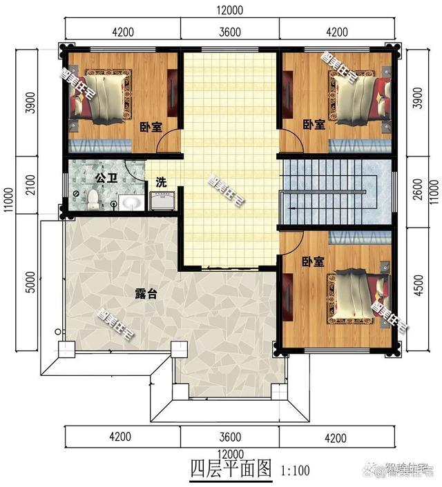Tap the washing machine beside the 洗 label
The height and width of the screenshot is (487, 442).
click(x=162, y=201)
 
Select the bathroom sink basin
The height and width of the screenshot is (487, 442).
click(x=132, y=203)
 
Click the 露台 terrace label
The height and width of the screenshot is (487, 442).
click(x=146, y=293)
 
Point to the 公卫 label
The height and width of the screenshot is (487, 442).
click(x=106, y=178)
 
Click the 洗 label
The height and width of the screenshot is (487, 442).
click(x=161, y=182)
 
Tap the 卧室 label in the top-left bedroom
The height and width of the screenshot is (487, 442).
click(x=151, y=127)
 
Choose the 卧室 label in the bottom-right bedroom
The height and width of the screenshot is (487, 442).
click(x=314, y=262)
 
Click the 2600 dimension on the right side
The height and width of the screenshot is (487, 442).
click(x=418, y=189)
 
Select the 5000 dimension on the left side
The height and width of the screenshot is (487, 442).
click(x=31, y=282)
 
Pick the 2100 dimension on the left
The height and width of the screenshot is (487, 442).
click(x=31, y=185)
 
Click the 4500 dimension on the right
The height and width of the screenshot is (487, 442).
click(x=419, y=285)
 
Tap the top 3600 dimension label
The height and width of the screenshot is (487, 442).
click(x=230, y=32)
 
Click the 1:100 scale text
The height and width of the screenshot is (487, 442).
click(x=295, y=470)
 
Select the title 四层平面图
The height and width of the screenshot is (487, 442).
click(x=231, y=468)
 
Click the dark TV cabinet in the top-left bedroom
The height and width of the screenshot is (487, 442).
click(x=172, y=93)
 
